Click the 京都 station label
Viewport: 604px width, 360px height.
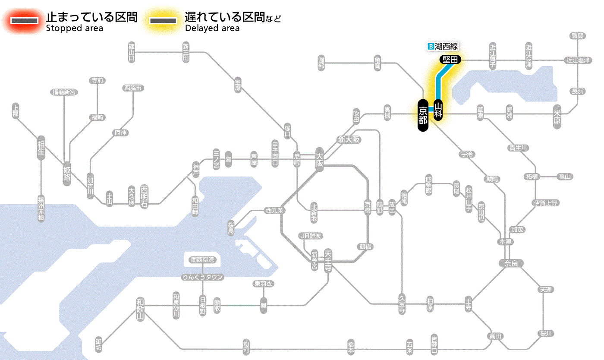[423, 115]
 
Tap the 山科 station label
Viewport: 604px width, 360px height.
[438, 110]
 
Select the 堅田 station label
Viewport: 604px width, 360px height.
[450, 60]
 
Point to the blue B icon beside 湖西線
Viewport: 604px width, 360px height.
[430, 46]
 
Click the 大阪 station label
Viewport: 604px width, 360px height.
[320, 160]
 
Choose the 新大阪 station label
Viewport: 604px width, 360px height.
[349, 139]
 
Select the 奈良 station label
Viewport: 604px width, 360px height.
[511, 263]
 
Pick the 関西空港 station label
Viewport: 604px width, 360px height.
[203, 260]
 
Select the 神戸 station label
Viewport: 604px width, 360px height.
[196, 170]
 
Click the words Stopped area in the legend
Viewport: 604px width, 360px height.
[74, 28]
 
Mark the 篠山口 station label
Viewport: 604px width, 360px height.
[132, 51]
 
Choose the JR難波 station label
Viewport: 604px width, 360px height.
[311, 236]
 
